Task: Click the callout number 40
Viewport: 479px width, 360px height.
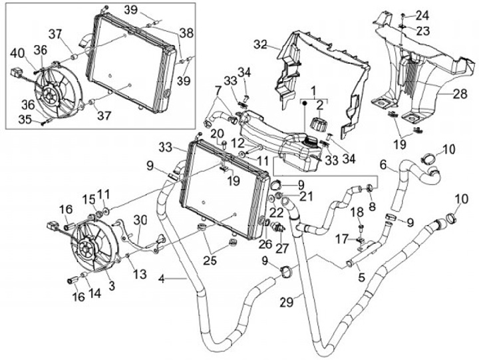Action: pyautogui.click(x=18, y=53)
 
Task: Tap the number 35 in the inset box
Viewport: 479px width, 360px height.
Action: pyautogui.click(x=25, y=119)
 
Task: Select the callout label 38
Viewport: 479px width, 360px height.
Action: pyautogui.click(x=186, y=33)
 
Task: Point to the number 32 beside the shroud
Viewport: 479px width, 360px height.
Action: pyautogui.click(x=260, y=45)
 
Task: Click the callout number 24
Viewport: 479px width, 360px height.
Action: pyautogui.click(x=422, y=15)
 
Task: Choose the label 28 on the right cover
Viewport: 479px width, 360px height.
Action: pyautogui.click(x=460, y=94)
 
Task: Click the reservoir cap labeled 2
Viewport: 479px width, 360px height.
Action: pyautogui.click(x=318, y=124)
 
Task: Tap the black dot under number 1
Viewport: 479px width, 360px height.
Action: pyautogui.click(x=305, y=104)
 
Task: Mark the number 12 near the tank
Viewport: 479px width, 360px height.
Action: pyautogui.click(x=238, y=143)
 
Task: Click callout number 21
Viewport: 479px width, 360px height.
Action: pyautogui.click(x=307, y=196)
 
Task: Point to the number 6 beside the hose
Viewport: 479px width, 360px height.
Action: pyautogui.click(x=383, y=165)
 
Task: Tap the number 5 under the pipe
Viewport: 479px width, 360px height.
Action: pyautogui.click(x=361, y=277)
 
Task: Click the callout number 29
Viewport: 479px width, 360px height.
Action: pyautogui.click(x=287, y=302)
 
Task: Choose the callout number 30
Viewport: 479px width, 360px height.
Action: pyautogui.click(x=140, y=220)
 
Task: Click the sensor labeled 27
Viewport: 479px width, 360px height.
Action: pyautogui.click(x=279, y=228)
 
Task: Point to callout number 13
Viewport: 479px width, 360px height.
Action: pyautogui.click(x=140, y=274)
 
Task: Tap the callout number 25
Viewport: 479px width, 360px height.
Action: pyautogui.click(x=210, y=260)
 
